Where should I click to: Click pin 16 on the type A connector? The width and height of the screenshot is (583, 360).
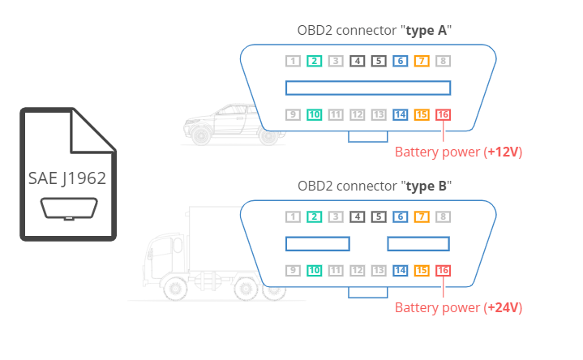(443, 114)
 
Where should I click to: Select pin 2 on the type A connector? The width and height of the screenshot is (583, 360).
(315, 61)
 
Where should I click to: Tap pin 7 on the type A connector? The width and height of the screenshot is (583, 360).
(421, 61)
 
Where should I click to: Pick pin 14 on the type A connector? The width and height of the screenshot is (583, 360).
(400, 114)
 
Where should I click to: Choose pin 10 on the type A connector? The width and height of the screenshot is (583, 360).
(315, 114)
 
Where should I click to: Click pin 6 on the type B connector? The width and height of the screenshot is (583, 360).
(400, 216)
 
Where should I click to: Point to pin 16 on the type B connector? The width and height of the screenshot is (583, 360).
(443, 270)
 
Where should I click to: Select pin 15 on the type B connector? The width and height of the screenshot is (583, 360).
(421, 270)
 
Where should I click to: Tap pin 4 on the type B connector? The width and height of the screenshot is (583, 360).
(357, 216)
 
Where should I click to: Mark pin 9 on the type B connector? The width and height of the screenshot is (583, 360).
(294, 270)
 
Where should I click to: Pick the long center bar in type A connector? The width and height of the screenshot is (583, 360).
(367, 88)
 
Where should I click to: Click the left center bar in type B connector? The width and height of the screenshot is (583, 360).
(317, 243)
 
